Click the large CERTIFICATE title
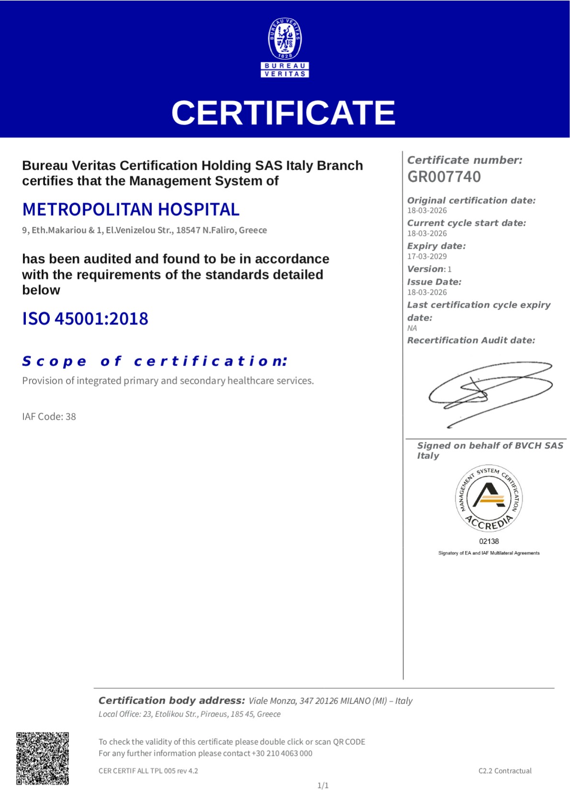283,113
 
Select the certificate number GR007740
444,177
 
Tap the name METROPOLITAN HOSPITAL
131,209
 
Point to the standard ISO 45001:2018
85,319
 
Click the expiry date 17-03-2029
427,256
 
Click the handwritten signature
490,392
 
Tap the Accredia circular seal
489,498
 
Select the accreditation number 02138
489,542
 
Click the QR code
43,758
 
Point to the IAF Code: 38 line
49,416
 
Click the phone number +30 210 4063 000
282,753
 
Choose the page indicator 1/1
323,785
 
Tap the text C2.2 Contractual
505,771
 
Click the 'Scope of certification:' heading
155,361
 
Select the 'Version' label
425,269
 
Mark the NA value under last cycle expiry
412,328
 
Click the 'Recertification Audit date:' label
471,340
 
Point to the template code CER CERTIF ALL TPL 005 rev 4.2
148,771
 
